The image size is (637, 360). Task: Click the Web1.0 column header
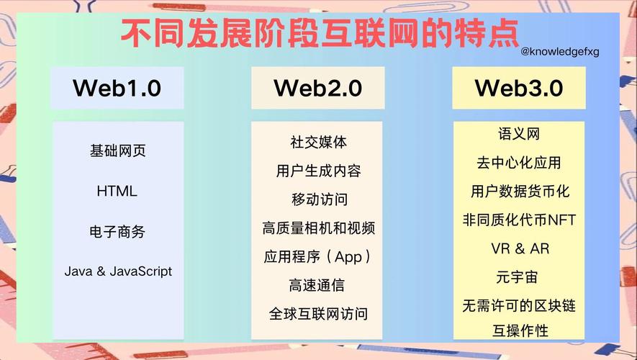(x=117, y=89)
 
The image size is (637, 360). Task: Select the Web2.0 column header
(x=317, y=89)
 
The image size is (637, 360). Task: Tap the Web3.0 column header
(x=518, y=89)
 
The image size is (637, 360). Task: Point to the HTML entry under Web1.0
(x=117, y=192)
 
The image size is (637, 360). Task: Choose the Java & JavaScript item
(x=118, y=271)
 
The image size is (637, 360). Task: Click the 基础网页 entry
(x=117, y=151)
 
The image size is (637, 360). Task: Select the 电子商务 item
(x=117, y=232)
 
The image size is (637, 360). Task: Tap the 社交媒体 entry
(x=318, y=143)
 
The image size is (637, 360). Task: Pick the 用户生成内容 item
(x=318, y=171)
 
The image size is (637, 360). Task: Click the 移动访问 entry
(x=318, y=199)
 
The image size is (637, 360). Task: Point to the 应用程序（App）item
(x=318, y=257)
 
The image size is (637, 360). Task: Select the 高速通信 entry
(x=318, y=285)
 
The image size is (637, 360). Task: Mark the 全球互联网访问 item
(x=318, y=314)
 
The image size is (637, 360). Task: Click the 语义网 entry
(x=518, y=135)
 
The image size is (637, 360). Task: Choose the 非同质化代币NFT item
(x=518, y=220)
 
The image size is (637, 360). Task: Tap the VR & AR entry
(x=518, y=249)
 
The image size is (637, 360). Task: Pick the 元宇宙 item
(x=518, y=277)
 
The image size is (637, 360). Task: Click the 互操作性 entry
(x=518, y=331)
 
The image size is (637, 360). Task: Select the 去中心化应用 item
(x=518, y=163)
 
